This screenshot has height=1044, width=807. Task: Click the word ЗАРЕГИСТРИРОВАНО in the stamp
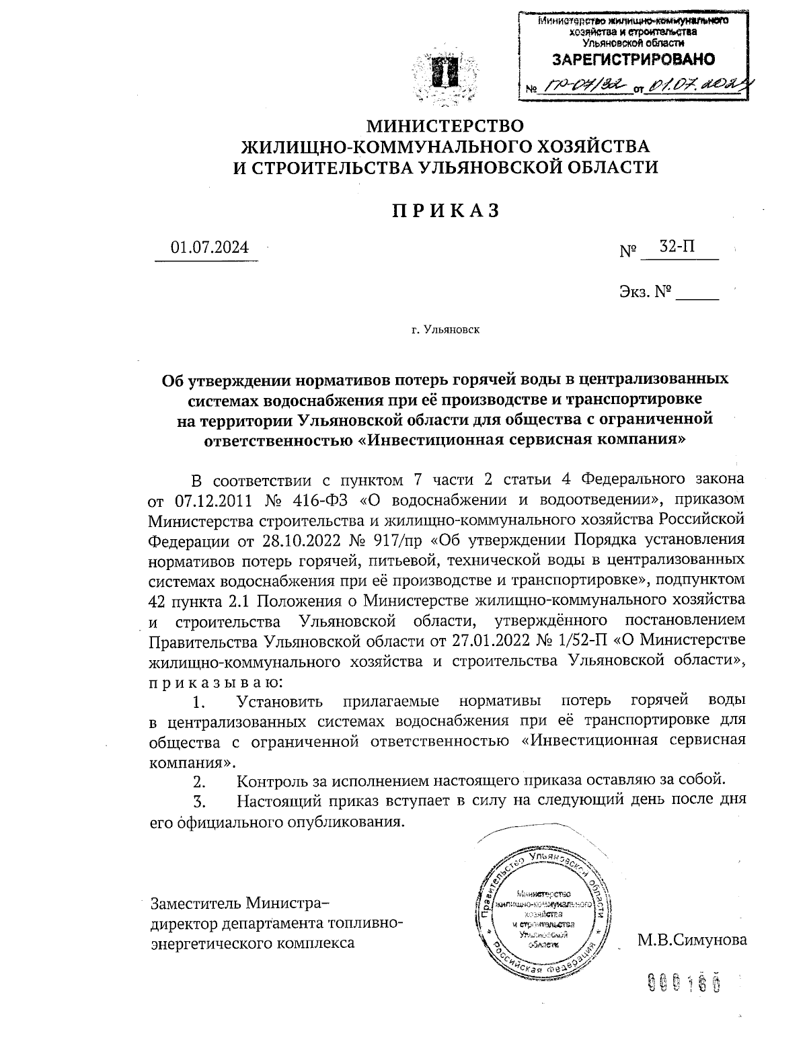pos(633,59)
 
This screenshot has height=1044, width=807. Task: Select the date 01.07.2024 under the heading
pos(209,247)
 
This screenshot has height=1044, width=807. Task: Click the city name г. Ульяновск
pos(445,329)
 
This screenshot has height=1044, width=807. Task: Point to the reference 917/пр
pos(401,540)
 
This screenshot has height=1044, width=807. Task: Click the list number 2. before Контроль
pos(199,782)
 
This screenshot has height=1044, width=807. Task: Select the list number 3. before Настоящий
pos(199,801)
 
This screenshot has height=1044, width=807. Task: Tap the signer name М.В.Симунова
pos(692,939)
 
